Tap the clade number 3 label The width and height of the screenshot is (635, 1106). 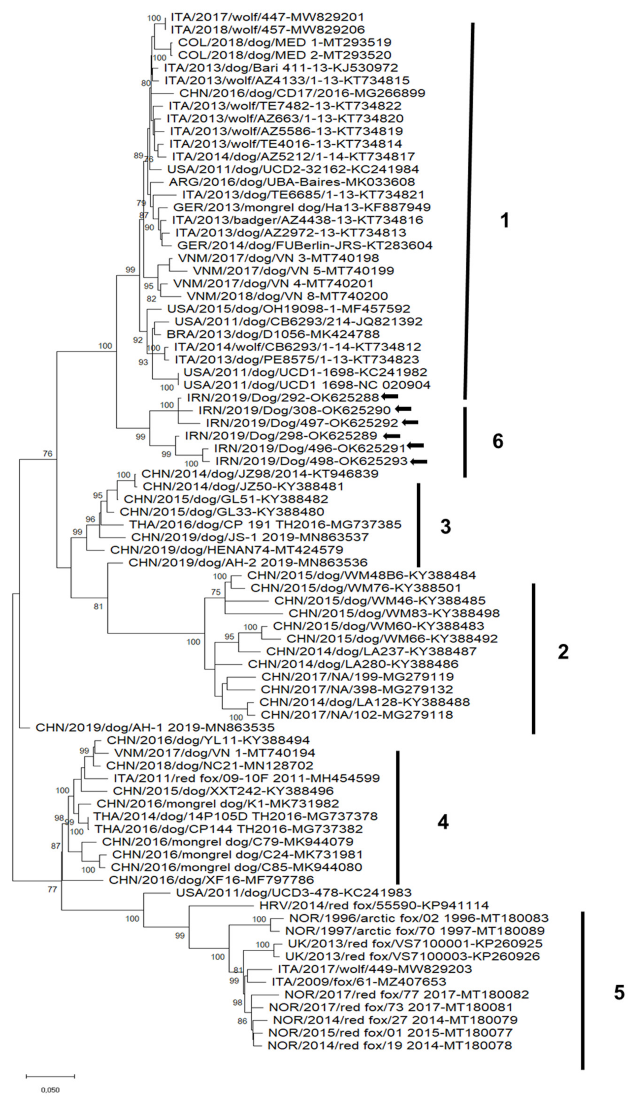pyautogui.click(x=445, y=527)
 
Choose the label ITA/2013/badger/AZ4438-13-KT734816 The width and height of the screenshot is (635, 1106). pyautogui.click(x=297, y=220)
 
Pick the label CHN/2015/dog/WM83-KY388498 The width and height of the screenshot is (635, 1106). pyautogui.click(x=394, y=613)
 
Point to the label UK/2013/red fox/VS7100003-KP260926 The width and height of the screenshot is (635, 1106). pyautogui.click(x=412, y=956)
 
